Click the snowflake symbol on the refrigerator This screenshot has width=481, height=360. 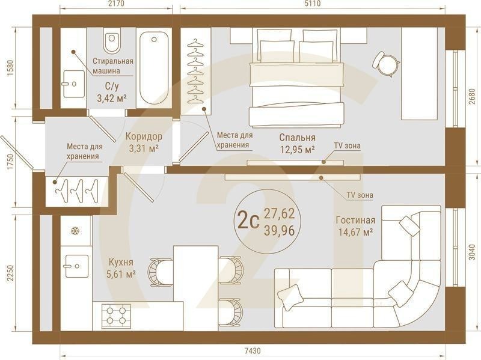point(75,231)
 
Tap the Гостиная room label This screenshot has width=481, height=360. point(355,220)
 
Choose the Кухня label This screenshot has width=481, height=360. point(121,262)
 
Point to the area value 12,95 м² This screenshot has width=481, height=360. point(298,150)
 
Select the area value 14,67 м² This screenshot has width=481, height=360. point(355,232)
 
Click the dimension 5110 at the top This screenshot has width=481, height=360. point(312,5)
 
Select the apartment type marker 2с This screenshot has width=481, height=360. point(248,221)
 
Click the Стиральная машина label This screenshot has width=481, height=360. point(112,66)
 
